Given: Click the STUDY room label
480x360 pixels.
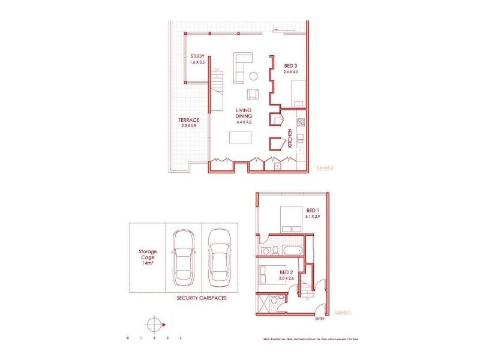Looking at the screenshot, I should point(197,57).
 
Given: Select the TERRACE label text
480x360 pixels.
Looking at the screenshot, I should point(188,119).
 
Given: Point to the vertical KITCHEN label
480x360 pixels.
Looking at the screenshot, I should point(290,138).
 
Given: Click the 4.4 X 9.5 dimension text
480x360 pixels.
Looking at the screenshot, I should point(243,122).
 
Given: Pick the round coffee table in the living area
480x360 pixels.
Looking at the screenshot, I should point(254,76).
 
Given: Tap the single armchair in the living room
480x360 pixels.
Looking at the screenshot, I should point(253,94).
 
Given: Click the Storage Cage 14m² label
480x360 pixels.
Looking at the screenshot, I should point(148,257).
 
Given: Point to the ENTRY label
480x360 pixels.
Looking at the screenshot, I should point(319,319).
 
